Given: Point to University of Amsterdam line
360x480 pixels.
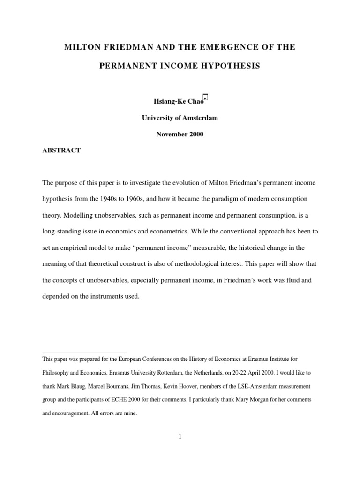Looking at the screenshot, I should (180, 118).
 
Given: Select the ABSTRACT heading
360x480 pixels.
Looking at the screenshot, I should (61, 150).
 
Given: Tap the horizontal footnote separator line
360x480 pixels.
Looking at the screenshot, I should (84, 352).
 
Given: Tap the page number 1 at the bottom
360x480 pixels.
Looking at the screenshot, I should (180, 437).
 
